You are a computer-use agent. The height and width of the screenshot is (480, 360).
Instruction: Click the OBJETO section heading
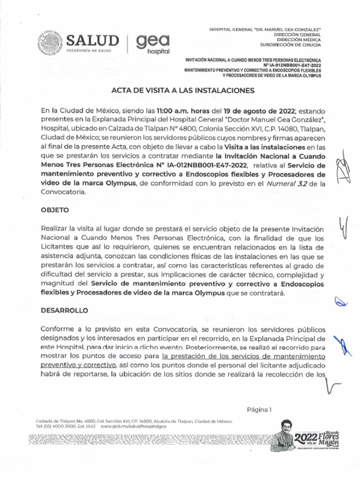click(55, 210)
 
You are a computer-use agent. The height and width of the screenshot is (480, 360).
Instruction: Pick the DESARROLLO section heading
click(64, 310)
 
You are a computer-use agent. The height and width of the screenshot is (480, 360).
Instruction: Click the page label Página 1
click(259, 409)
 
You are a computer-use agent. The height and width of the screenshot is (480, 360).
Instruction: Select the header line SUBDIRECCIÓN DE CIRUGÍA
click(291, 45)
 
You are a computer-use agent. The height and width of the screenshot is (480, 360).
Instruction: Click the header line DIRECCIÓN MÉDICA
click(298, 40)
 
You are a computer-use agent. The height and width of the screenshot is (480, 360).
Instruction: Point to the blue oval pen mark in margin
click(340, 302)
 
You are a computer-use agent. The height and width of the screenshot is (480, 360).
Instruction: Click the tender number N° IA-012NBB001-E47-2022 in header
click(295, 66)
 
